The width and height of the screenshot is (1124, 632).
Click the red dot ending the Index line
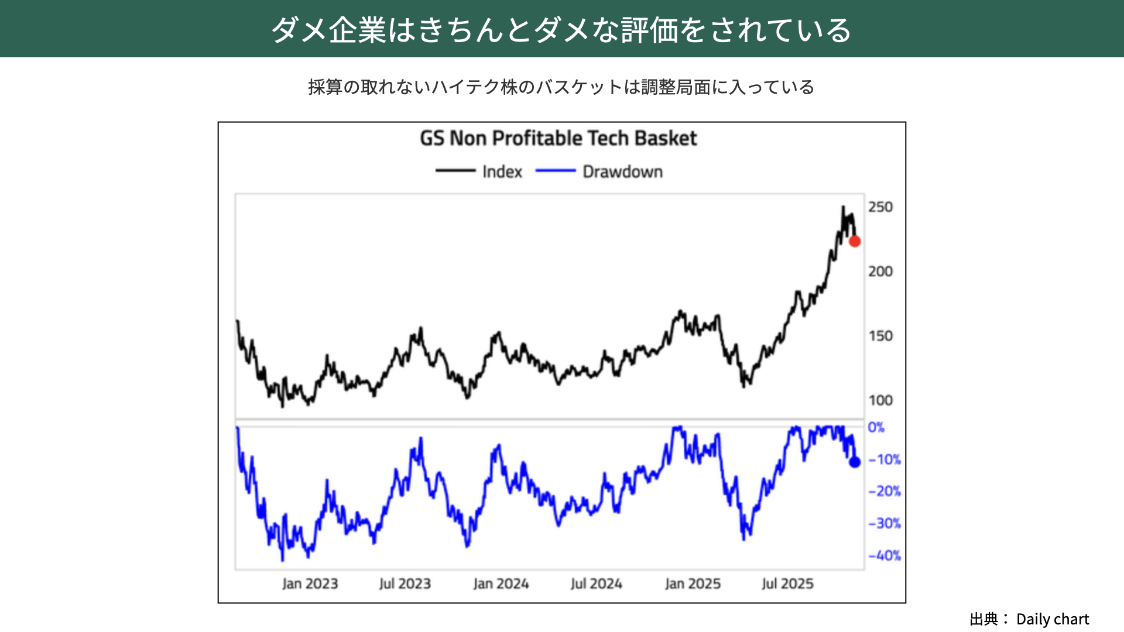[x=855, y=241]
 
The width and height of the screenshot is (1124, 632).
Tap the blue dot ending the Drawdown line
[x=855, y=462]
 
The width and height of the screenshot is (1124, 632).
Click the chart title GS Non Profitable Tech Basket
[x=558, y=138]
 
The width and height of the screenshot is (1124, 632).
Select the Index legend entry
[x=502, y=171]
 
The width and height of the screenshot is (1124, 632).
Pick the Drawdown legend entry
[x=622, y=171]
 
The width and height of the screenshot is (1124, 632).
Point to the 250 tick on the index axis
[x=880, y=207]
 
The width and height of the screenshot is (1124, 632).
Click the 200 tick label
[x=880, y=271]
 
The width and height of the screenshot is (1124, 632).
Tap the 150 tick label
[x=880, y=336]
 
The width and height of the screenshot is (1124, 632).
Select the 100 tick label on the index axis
[x=880, y=400]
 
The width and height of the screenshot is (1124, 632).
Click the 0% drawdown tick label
[x=876, y=427]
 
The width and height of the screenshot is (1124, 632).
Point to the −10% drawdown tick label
[x=884, y=459]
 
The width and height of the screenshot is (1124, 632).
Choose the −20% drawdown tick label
[x=884, y=491]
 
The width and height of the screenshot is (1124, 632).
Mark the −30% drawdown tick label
[x=884, y=523]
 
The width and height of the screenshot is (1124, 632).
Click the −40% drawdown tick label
[x=884, y=555]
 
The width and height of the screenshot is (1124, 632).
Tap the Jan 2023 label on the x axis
[x=310, y=583]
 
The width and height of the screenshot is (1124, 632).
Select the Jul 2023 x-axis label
[x=405, y=583]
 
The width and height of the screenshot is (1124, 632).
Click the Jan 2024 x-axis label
[x=501, y=583]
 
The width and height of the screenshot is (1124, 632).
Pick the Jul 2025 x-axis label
[x=787, y=583]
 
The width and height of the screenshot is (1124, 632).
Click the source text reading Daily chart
[x=1052, y=619]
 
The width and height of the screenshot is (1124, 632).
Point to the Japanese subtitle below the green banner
[x=561, y=87]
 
